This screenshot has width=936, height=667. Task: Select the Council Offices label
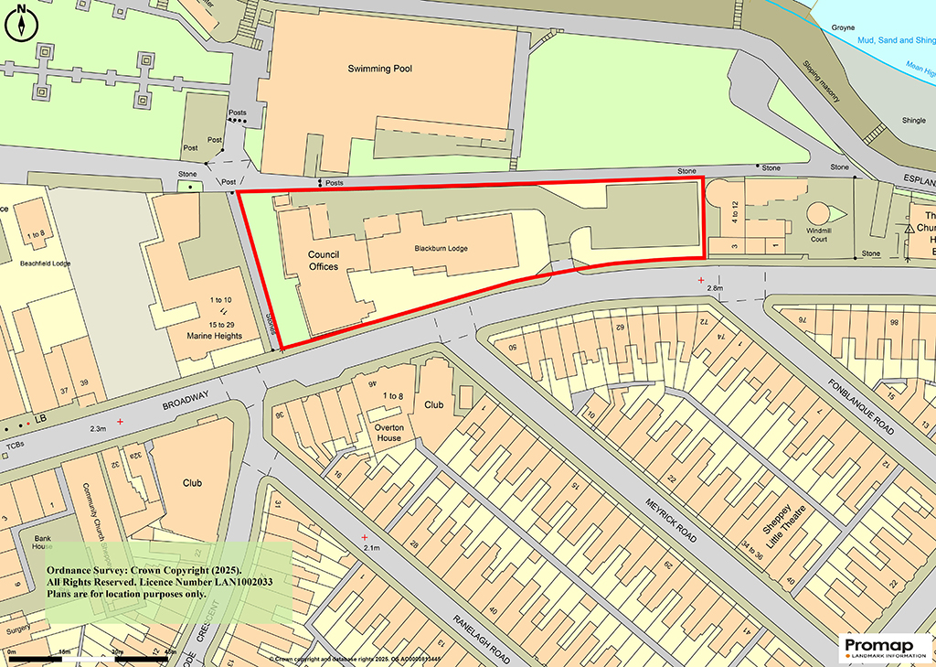(324, 261)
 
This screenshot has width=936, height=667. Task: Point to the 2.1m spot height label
(371, 547)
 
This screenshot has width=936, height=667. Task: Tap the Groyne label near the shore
(843, 27)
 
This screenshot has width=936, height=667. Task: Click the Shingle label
(888, 120)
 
